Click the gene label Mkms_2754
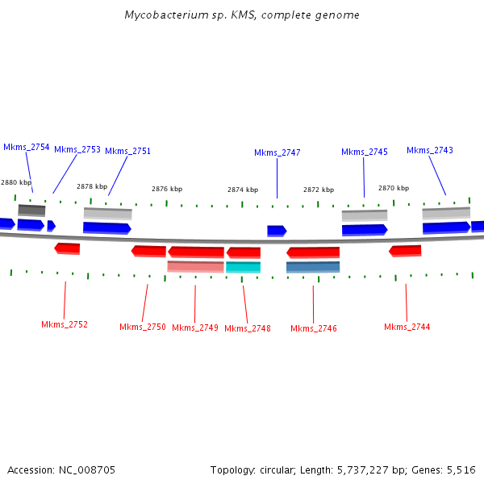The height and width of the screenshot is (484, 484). coord(27,148)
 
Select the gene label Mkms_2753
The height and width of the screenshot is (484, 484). coord(77,150)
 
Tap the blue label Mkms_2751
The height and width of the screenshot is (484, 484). coord(127,151)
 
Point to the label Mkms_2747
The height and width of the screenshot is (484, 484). coord(277,153)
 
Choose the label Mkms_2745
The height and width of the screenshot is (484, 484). coord(364,152)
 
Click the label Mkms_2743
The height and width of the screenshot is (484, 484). coord(429,150)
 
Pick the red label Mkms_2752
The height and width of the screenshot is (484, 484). coord(65,324)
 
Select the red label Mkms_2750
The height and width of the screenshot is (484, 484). coord(143,327)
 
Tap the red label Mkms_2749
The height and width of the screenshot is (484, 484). coord(195,328)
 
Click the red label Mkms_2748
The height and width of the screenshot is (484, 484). coord(248,328)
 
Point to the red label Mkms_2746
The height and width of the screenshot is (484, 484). coord(314,328)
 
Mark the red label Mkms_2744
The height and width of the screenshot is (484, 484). coord(407,327)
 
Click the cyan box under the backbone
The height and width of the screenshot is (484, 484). coord(243,267)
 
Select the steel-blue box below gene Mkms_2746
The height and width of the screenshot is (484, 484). coord(313,267)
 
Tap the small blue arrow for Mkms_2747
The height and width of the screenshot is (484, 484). coord(277,231)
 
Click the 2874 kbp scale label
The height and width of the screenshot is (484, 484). coord(243,190)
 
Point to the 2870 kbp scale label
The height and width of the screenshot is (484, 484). coord(394,188)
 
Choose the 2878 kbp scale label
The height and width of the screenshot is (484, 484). coord(91,186)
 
